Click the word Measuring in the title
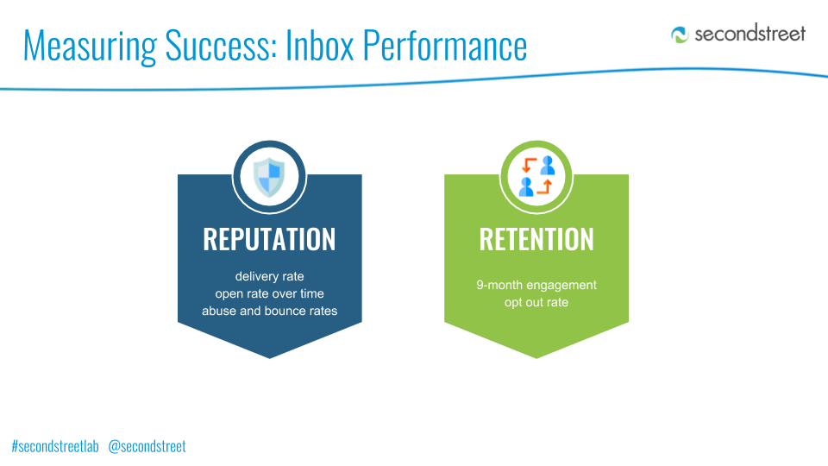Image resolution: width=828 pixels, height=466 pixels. (91, 47)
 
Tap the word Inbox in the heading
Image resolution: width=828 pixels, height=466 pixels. (319, 46)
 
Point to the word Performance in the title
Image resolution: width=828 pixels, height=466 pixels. (445, 46)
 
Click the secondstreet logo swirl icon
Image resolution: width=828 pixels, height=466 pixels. (680, 35)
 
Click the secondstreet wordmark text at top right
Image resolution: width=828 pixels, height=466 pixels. (750, 34)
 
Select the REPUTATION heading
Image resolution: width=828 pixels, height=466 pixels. (269, 239)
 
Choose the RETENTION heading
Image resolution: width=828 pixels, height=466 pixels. (536, 239)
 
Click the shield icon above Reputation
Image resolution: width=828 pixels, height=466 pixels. (269, 177)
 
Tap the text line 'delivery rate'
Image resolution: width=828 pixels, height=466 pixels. (269, 276)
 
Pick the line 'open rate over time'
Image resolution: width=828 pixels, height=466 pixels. (269, 293)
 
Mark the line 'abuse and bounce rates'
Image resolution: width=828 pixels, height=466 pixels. (269, 311)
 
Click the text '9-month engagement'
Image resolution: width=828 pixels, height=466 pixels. (536, 286)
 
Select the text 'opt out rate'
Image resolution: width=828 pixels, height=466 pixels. (536, 302)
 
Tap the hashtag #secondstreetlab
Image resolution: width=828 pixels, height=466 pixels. (55, 446)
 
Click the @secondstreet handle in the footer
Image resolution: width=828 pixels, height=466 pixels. (147, 446)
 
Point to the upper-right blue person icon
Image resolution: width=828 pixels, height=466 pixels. (548, 166)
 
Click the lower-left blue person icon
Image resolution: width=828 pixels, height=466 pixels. (526, 187)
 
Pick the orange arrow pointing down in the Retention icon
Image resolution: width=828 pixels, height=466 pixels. (528, 165)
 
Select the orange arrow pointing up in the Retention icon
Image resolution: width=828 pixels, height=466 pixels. (545, 186)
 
